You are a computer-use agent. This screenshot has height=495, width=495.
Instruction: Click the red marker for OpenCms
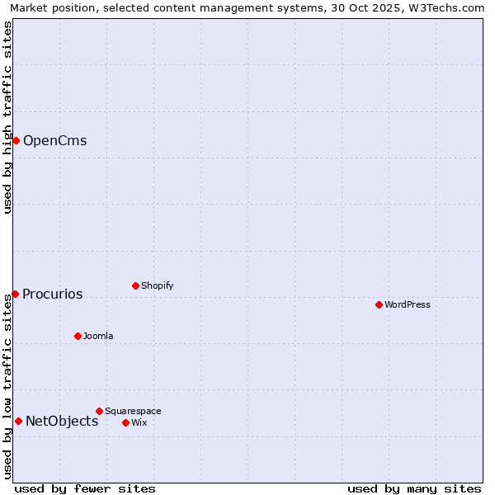(16, 140)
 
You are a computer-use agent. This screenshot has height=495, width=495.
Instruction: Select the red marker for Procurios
(15, 294)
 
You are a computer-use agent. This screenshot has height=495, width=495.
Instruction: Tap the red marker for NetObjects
(18, 421)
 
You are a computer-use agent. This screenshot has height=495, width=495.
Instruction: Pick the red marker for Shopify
(135, 285)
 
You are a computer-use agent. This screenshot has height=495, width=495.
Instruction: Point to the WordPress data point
(379, 304)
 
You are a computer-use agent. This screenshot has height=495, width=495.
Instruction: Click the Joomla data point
(78, 336)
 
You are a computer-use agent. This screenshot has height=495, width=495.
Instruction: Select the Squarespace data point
(99, 411)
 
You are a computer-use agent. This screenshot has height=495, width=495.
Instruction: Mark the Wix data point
(125, 422)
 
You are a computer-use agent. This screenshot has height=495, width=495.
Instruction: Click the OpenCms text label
(54, 140)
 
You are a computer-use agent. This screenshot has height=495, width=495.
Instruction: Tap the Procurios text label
(52, 295)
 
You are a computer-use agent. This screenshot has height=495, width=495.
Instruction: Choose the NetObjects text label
(62, 422)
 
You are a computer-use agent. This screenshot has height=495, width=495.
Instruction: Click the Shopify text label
(157, 286)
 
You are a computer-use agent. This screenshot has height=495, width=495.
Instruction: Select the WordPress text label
(407, 305)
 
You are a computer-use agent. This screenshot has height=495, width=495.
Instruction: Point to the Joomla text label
(98, 337)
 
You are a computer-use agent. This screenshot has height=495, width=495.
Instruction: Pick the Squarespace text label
(133, 412)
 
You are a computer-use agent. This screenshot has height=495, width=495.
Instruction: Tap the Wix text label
(139, 423)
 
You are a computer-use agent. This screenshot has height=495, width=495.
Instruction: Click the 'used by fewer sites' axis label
(85, 488)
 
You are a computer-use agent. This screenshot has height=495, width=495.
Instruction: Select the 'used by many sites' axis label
(414, 488)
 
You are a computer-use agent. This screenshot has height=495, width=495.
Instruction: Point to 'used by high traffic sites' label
(8, 117)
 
